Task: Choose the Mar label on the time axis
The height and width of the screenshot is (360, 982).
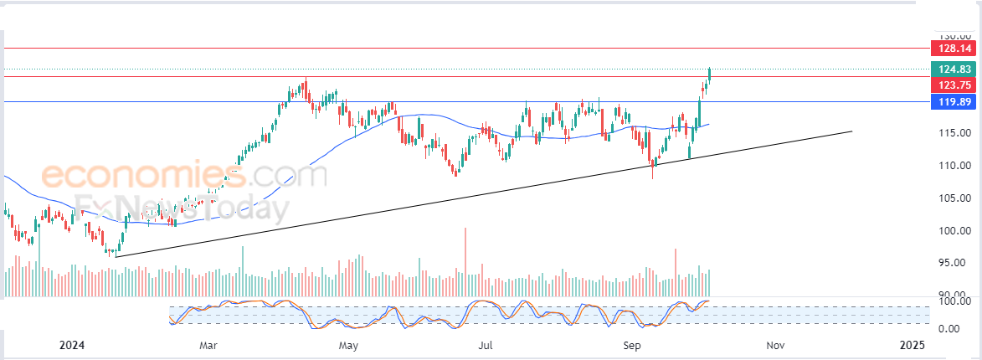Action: click(x=208, y=345)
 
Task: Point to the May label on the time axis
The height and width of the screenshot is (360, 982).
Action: click(x=348, y=345)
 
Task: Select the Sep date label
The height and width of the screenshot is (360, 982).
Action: click(x=633, y=345)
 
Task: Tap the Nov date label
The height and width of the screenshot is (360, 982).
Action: click(x=775, y=345)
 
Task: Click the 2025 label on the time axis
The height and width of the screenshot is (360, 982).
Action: click(x=912, y=345)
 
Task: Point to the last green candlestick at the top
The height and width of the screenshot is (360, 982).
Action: click(x=710, y=74)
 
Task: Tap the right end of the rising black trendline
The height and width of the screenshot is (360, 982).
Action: click(x=851, y=131)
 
